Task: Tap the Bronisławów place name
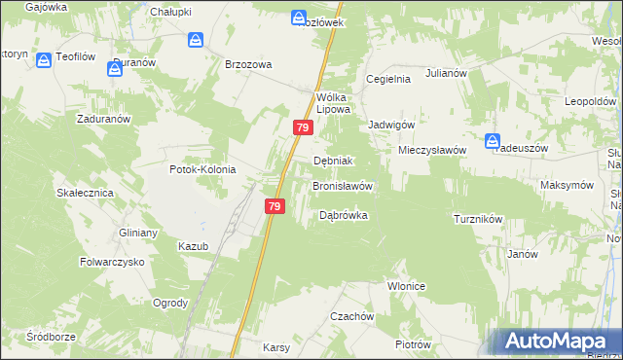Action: tap(342, 185)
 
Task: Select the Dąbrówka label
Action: tap(344, 215)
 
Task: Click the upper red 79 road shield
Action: tap(303, 127)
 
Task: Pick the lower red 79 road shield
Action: tap(275, 206)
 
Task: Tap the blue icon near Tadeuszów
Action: tap(493, 140)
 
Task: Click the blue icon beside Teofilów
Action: tap(44, 60)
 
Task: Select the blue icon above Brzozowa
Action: tap(196, 40)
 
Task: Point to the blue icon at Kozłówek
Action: tap(298, 18)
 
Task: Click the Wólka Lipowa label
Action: tap(333, 102)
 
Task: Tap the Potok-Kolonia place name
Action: tap(202, 168)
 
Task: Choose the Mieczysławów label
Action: tap(432, 150)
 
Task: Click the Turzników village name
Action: tap(477, 219)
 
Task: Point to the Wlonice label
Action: tap(407, 286)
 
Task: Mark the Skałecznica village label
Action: tap(85, 193)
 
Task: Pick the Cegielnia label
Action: tap(387, 79)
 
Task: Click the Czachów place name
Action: tap(351, 316)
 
